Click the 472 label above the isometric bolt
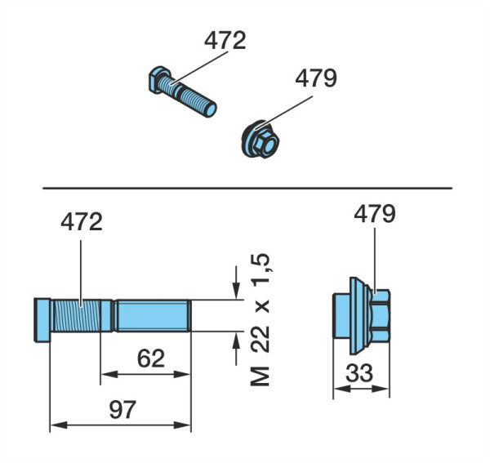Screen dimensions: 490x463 point(225,40)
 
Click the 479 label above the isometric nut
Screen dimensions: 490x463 point(316,78)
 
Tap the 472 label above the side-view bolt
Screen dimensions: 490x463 point(82,222)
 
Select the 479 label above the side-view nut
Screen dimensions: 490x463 point(375,214)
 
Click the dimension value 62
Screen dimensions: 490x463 point(151,358)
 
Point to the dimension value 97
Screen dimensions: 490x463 point(122,409)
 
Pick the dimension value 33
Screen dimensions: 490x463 point(359,372)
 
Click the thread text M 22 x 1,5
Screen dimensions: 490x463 point(261,319)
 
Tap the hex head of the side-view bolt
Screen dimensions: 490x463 point(42,319)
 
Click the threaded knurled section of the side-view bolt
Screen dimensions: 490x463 point(77,315)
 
